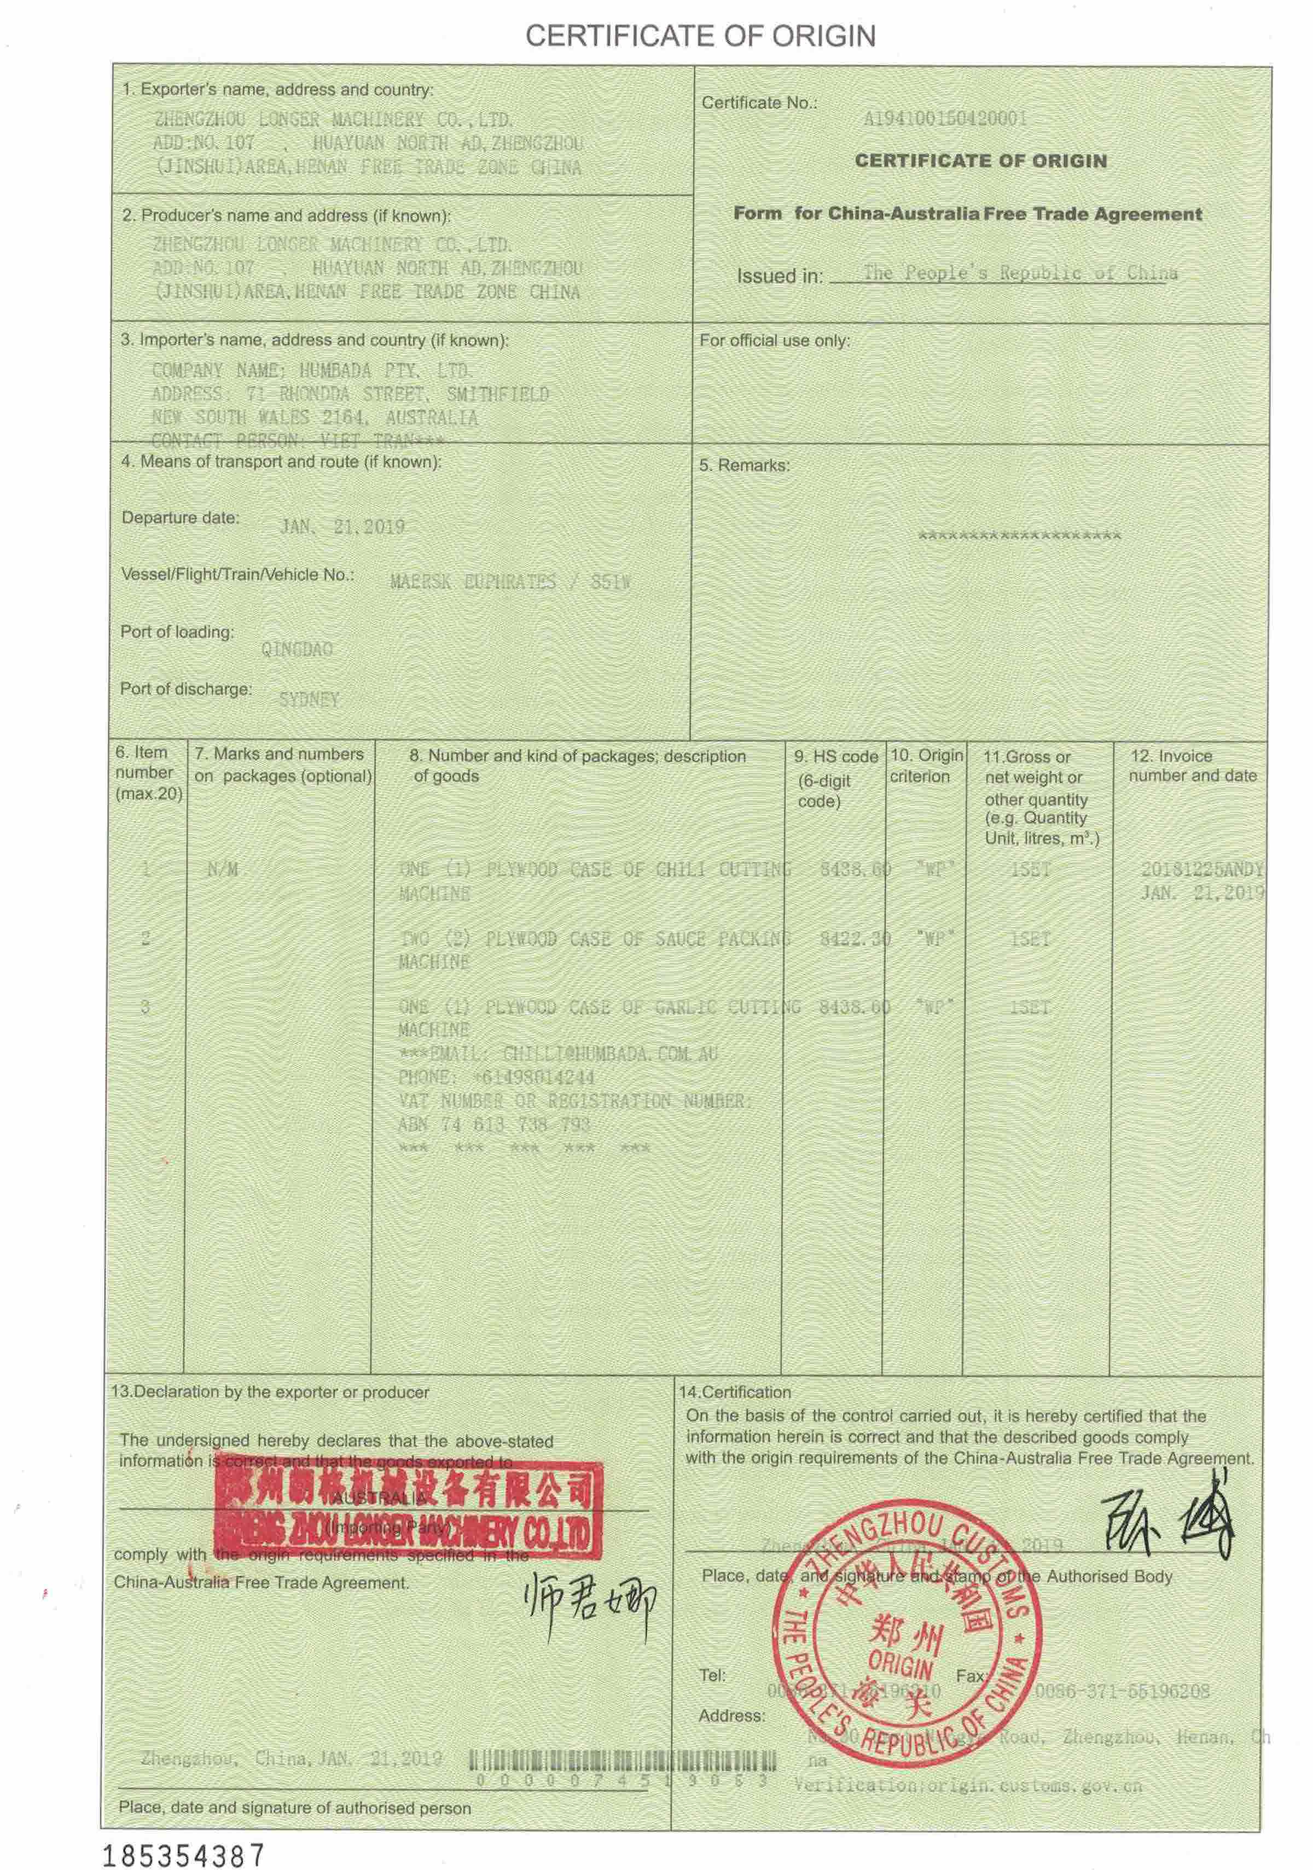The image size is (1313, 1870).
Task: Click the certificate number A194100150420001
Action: click(x=945, y=119)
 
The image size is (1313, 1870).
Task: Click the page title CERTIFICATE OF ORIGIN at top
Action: click(x=700, y=36)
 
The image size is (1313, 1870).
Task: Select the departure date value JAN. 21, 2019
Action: click(x=342, y=527)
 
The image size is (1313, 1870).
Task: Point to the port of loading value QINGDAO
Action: click(x=297, y=649)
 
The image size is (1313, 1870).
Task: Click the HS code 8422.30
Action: click(x=855, y=938)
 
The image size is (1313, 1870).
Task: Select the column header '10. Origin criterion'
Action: click(x=926, y=766)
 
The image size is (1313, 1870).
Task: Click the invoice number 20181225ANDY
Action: click(x=1201, y=869)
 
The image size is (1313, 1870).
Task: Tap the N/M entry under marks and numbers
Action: click(x=222, y=870)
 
